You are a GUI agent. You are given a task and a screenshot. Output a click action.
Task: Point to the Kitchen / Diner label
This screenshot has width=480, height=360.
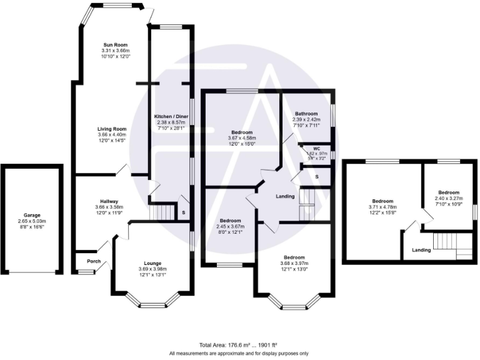pos(171,117)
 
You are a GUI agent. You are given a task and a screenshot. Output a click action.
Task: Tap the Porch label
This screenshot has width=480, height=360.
pos(93,261)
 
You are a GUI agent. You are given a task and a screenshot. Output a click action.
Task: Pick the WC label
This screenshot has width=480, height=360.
pos(316,148)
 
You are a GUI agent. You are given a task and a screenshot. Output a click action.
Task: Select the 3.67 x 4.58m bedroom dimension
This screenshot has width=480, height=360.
pos(242,138)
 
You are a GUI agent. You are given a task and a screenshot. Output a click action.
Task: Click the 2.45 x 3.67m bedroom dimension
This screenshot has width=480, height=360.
pos(229,226)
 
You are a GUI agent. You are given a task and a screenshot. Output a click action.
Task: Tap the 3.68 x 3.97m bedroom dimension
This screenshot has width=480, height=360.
pos(294,263)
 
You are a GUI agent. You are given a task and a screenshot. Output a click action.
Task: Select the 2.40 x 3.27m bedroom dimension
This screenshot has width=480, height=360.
pos(448,198)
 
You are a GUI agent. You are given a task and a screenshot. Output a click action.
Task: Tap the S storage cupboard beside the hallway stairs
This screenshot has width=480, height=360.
pos(183,212)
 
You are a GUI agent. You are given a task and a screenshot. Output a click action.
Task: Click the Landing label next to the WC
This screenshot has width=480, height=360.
pos(286,196)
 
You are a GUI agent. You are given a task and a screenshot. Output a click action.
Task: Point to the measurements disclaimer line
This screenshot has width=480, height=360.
pos(239,353)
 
